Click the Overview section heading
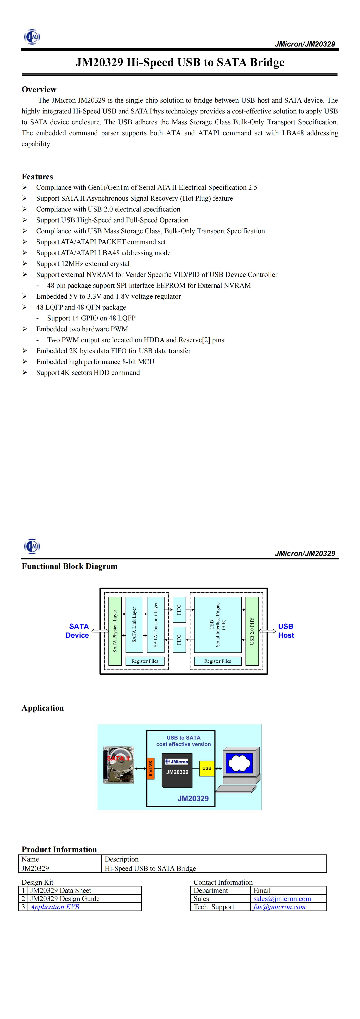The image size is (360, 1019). (39, 89)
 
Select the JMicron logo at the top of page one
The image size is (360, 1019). (32, 37)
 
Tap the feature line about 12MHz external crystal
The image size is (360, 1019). (83, 263)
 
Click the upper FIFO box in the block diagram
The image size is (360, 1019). (179, 610)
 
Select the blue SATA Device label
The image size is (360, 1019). (78, 630)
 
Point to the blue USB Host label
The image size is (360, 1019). (286, 630)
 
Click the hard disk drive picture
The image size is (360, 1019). (119, 765)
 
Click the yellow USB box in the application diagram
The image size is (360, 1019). (206, 768)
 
